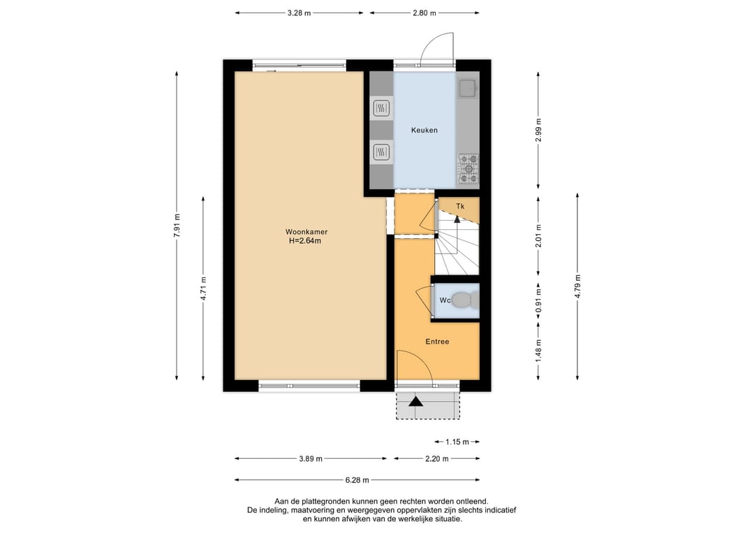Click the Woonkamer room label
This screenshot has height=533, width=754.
(306, 232)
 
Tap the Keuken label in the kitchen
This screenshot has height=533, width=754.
(424, 130)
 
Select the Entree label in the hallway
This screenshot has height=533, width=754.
(437, 342)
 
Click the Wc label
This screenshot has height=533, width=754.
(445, 300)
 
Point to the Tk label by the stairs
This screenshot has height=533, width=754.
(460, 206)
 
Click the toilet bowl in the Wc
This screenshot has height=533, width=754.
(464, 300)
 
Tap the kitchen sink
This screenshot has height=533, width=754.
(467, 89)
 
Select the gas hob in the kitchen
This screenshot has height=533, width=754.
(468, 169)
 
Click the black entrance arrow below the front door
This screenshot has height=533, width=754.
(416, 401)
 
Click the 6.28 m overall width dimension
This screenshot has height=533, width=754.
(357, 480)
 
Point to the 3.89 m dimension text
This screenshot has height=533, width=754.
(311, 458)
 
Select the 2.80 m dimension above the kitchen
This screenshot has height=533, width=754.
(424, 13)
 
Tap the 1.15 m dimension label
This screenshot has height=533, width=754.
(457, 441)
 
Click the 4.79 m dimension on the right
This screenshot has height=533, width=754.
(577, 286)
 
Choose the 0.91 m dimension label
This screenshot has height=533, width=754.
(538, 300)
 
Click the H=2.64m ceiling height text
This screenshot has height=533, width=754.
(305, 240)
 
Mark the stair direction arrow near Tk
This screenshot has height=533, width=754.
(457, 219)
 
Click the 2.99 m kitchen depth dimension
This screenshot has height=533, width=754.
(538, 131)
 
